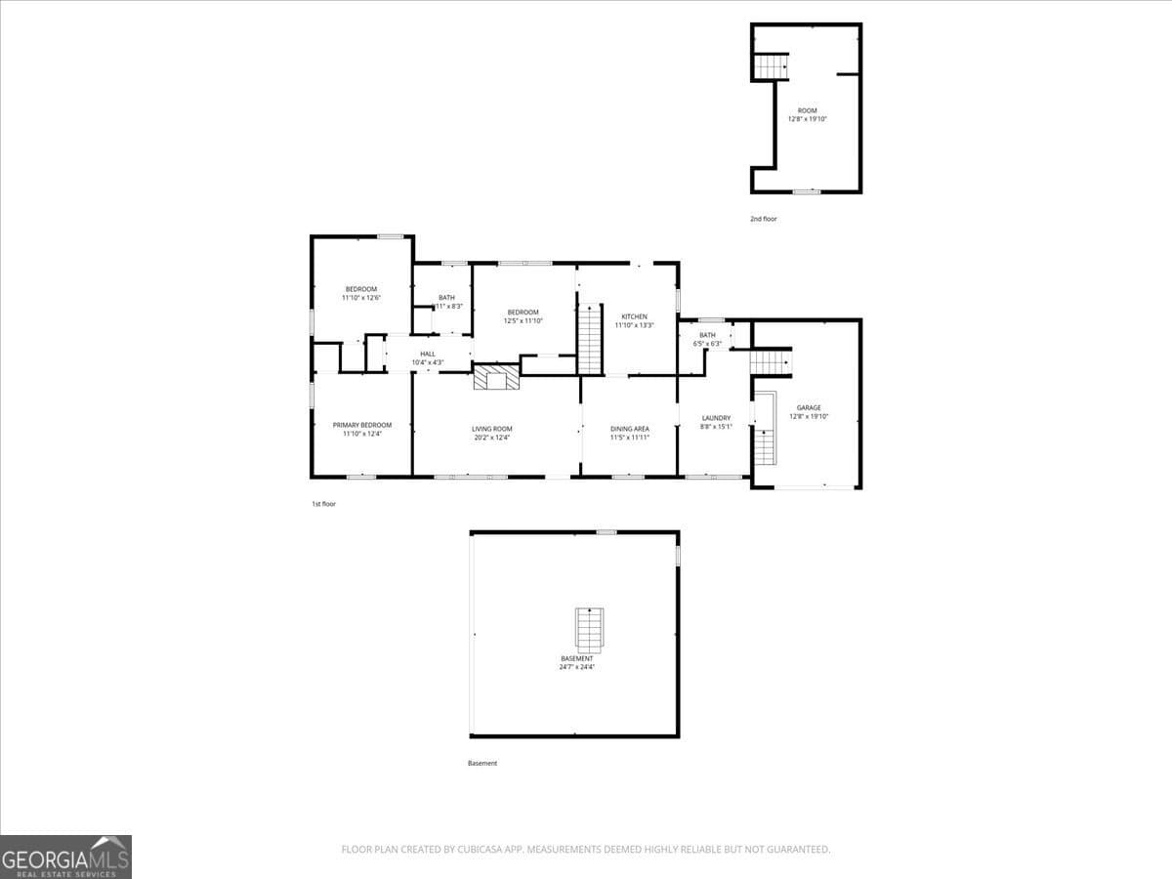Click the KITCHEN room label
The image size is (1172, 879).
pos(635,316)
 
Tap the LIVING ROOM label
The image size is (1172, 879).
pos(492,429)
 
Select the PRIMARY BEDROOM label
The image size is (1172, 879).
pos(361,425)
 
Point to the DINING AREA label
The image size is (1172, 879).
pos(630,429)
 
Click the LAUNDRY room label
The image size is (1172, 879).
pos(716,418)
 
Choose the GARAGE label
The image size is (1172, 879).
pos(809,407)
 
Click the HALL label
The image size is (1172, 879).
pos(428,354)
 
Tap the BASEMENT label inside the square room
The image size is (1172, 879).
pos(576,658)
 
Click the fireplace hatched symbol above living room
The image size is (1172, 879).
pos(497,378)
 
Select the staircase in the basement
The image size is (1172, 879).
pos(589,630)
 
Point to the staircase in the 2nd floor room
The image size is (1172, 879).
pos(771,67)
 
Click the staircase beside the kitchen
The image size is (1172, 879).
pos(590,338)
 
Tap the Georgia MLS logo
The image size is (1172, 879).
pos(65,857)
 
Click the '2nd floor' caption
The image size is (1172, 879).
pos(764,219)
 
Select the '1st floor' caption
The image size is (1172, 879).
pos(323,504)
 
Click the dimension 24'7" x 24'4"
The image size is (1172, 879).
pos(576,668)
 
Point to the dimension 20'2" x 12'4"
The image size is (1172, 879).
pos(492,438)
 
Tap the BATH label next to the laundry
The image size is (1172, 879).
pos(707,335)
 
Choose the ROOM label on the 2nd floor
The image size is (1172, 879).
pos(807,110)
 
